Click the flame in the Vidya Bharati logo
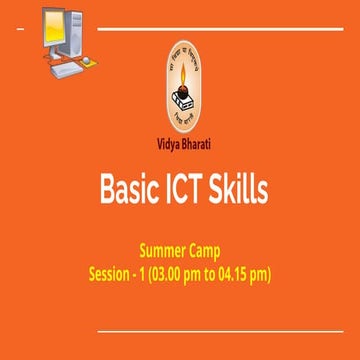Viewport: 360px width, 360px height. click(x=183, y=77)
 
